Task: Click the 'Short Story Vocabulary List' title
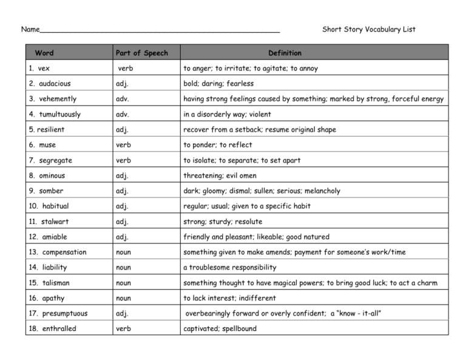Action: [x=368, y=29]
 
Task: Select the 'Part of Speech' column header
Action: [x=141, y=53]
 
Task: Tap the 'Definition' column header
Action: [x=285, y=53]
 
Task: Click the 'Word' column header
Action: [x=44, y=53]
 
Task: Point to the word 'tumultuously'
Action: [x=59, y=114]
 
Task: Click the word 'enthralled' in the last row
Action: [x=59, y=329]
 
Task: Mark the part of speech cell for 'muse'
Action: [x=123, y=145]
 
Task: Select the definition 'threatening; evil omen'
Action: [x=220, y=175]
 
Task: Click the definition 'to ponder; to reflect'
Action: [x=217, y=145]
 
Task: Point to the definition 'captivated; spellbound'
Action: [x=220, y=329]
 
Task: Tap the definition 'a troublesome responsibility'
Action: [x=229, y=268]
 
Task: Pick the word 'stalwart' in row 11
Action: [x=55, y=222]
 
